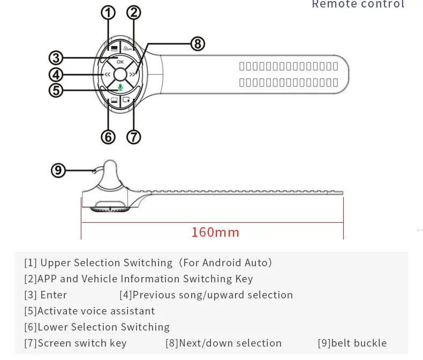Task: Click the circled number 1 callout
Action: [x=108, y=12]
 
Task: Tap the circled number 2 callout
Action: [x=133, y=12]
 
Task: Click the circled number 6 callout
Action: [x=108, y=137]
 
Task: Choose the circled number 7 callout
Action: [x=133, y=137]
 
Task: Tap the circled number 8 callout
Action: [x=198, y=44]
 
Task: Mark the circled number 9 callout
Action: [x=58, y=170]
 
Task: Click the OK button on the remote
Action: [x=120, y=61]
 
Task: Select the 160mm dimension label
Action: [x=215, y=232]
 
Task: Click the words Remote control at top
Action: [x=358, y=5]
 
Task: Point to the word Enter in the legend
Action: [x=54, y=295]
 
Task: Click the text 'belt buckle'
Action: [x=359, y=343]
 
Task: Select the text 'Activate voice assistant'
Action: [x=96, y=311]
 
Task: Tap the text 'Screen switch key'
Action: [x=82, y=343]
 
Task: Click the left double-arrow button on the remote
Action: [x=108, y=74]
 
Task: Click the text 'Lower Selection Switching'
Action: [x=103, y=327]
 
